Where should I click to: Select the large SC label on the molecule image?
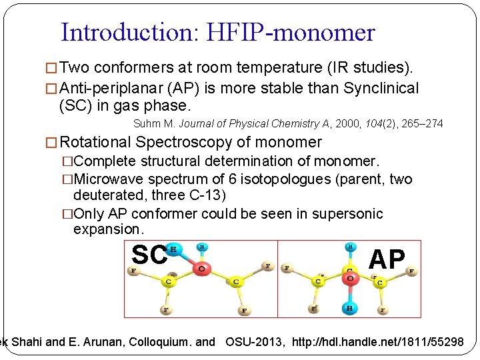click(x=149, y=254)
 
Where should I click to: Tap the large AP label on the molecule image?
click(x=387, y=259)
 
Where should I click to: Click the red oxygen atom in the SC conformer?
click(x=201, y=268)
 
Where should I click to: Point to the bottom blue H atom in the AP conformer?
click(x=349, y=307)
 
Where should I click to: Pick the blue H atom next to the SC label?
click(x=175, y=249)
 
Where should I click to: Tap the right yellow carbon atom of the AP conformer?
click(x=379, y=282)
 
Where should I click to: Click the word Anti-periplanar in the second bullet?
click(x=106, y=88)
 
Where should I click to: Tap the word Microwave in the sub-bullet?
click(x=107, y=179)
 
